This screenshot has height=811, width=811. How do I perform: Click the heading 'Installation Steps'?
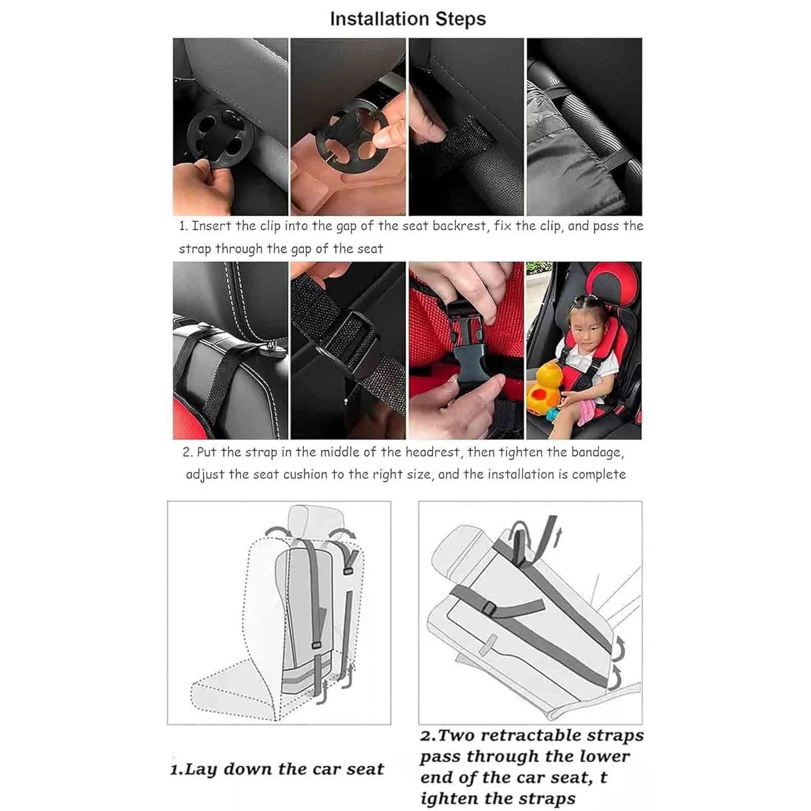408,19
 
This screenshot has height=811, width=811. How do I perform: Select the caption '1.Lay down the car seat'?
277,769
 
